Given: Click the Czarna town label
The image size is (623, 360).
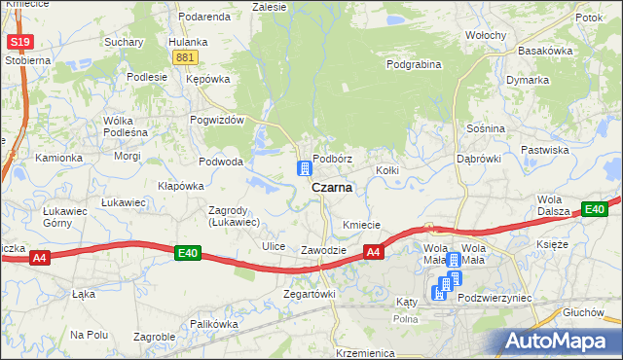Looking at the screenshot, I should click(x=331, y=188).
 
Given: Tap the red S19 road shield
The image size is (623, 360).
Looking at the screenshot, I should click(x=18, y=43).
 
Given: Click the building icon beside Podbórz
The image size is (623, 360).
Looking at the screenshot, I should click(x=305, y=168).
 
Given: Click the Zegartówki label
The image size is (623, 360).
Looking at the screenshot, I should click(x=309, y=293).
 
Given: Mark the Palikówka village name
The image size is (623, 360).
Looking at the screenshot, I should click(x=214, y=323).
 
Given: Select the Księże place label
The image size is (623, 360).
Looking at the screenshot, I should click(x=551, y=243).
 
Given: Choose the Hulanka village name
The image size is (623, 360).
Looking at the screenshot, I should click(x=187, y=42).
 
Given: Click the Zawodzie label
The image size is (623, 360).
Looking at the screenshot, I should click(x=323, y=250).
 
